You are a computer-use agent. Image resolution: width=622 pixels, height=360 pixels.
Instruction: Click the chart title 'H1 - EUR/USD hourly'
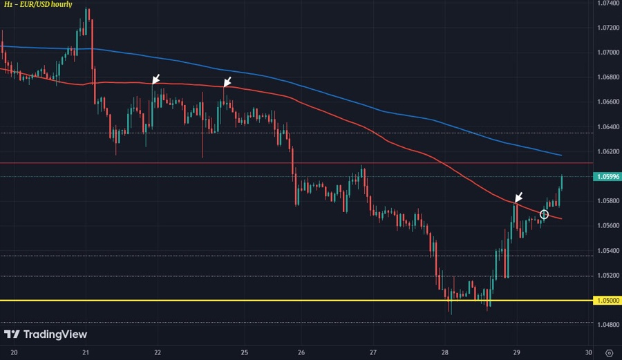pos(38,5)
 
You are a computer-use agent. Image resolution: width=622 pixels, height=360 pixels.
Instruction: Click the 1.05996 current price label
pos(607,177)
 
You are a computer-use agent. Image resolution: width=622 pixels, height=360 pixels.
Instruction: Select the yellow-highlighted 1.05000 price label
pos(607,301)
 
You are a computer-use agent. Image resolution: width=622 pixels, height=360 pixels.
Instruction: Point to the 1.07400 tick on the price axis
pos(607,3)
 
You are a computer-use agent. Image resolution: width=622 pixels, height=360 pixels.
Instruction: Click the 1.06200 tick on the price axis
pos(607,151)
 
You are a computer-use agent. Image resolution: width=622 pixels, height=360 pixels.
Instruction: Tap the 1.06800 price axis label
pos(607,77)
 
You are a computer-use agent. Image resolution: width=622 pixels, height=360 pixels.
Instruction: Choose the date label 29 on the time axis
pos(517,351)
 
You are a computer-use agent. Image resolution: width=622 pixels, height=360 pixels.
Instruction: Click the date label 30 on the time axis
pos(589,351)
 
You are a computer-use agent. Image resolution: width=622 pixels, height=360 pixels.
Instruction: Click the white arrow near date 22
pos(156,79)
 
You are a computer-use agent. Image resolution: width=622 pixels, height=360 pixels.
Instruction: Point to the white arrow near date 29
pos(518,197)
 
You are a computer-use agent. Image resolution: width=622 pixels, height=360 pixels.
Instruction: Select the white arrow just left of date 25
pos(227,83)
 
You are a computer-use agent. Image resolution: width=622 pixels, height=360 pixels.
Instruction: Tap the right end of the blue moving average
pos(560,155)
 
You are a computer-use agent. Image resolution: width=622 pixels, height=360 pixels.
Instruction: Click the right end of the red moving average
pos(560,219)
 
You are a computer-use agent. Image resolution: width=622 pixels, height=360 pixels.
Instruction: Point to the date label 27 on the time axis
pos(373,351)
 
